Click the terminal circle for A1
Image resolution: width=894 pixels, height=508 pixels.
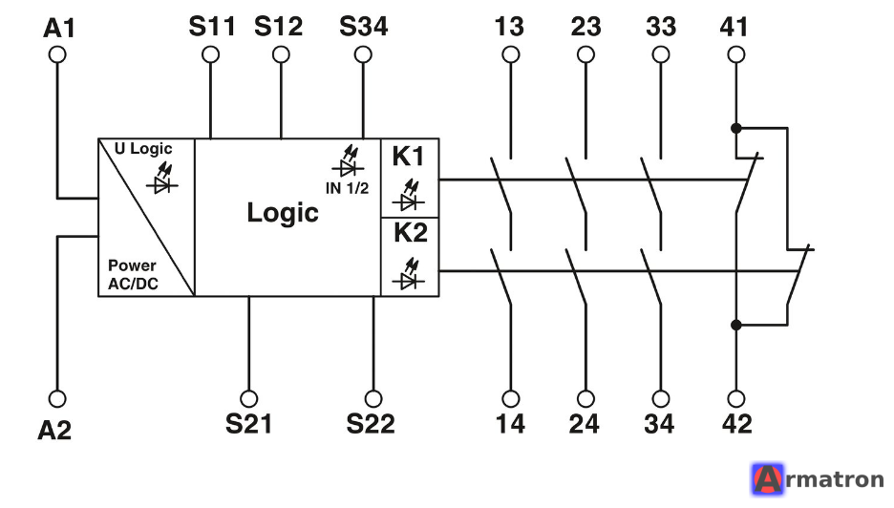click(x=57, y=54)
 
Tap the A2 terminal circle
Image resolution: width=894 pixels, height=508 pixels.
click(x=57, y=398)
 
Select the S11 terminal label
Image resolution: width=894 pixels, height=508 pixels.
click(x=212, y=26)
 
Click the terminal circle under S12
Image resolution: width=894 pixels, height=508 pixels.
click(x=281, y=54)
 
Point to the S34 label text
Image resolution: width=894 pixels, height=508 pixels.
click(x=364, y=26)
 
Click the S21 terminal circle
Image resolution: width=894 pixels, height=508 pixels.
click(x=248, y=398)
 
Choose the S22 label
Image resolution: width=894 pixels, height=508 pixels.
click(x=371, y=424)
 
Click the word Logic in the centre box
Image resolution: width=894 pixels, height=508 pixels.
click(x=283, y=213)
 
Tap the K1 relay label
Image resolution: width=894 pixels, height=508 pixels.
click(x=408, y=157)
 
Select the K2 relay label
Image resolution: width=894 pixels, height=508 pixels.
click(x=411, y=233)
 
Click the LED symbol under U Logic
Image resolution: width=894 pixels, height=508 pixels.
click(x=162, y=179)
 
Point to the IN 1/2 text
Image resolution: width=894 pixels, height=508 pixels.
click(x=348, y=187)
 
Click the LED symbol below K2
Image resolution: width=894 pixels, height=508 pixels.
click(x=408, y=274)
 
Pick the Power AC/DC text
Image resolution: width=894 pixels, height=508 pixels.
click(x=134, y=274)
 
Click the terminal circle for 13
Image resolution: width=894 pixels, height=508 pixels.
click(x=511, y=54)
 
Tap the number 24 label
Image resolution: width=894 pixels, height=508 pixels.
click(x=585, y=424)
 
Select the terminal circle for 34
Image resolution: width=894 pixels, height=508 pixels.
click(x=661, y=398)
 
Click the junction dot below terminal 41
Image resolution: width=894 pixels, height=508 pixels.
click(x=736, y=128)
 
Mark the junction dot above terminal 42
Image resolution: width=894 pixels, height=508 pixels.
click(x=736, y=325)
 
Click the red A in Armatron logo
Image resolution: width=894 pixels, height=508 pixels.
click(x=767, y=479)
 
